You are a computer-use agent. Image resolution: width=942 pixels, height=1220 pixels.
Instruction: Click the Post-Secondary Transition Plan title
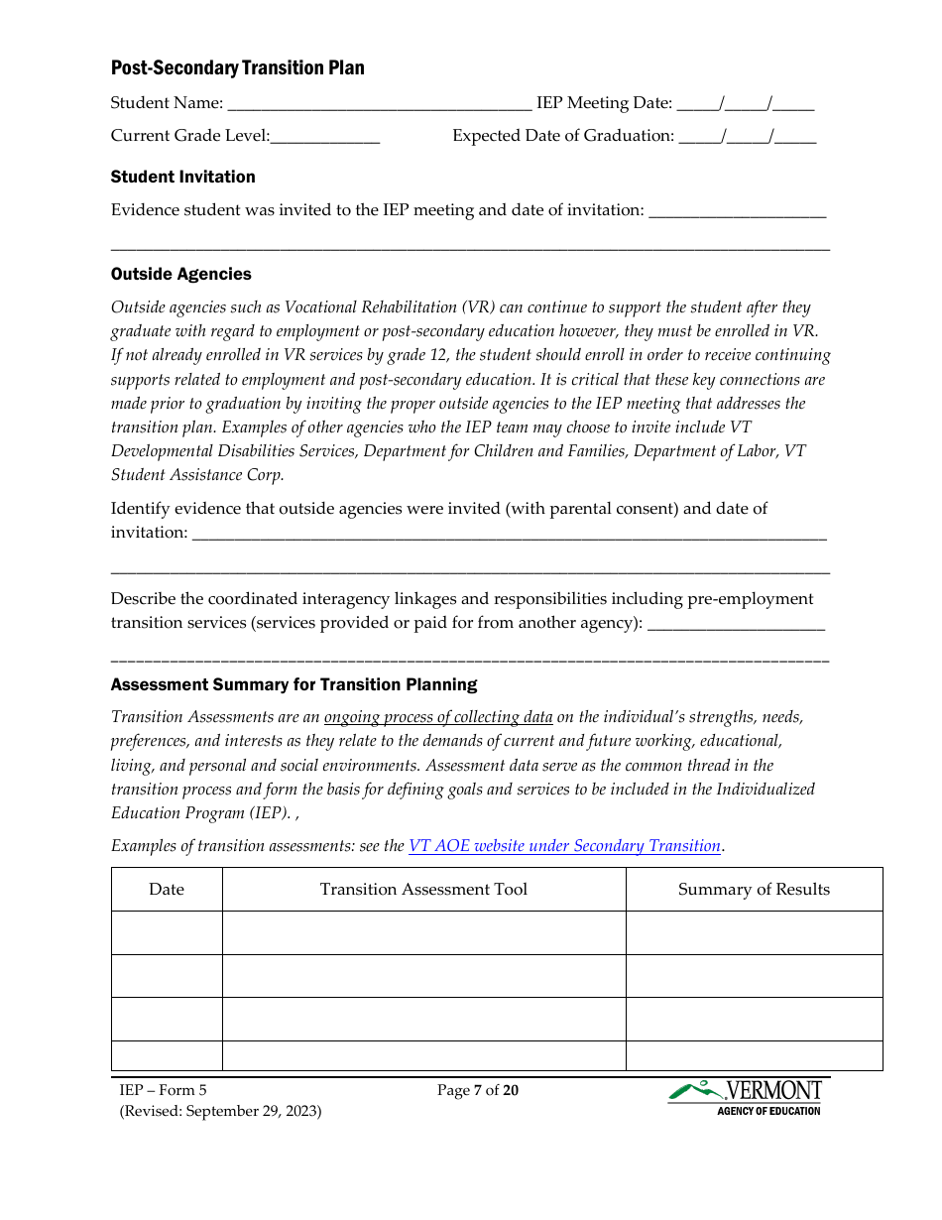pyautogui.click(x=237, y=68)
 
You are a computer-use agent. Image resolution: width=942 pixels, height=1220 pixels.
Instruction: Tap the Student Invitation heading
pyautogui.click(x=182, y=178)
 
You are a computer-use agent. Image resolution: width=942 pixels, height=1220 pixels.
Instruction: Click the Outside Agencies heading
pyautogui.click(x=180, y=275)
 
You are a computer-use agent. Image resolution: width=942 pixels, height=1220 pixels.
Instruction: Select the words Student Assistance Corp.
pyautogui.click(x=197, y=475)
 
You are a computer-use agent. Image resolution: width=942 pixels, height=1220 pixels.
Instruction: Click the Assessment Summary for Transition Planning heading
pyautogui.click(x=294, y=685)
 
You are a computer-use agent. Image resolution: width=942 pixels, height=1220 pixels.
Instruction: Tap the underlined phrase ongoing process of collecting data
pyautogui.click(x=438, y=717)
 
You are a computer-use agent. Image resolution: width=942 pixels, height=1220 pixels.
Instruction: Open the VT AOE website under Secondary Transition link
pyautogui.click(x=564, y=846)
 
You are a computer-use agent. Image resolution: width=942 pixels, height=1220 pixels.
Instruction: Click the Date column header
pyautogui.click(x=167, y=890)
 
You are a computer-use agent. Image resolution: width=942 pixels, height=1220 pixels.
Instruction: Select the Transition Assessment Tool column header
pyautogui.click(x=423, y=890)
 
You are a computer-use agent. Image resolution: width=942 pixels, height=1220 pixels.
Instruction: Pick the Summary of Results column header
pyautogui.click(x=754, y=890)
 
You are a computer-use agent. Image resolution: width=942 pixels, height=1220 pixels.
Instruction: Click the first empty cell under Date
pyautogui.click(x=167, y=932)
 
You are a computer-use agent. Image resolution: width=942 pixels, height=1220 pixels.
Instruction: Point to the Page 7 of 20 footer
pyautogui.click(x=478, y=1091)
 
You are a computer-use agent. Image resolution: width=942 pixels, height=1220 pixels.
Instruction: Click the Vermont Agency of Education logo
pyautogui.click(x=746, y=1097)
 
